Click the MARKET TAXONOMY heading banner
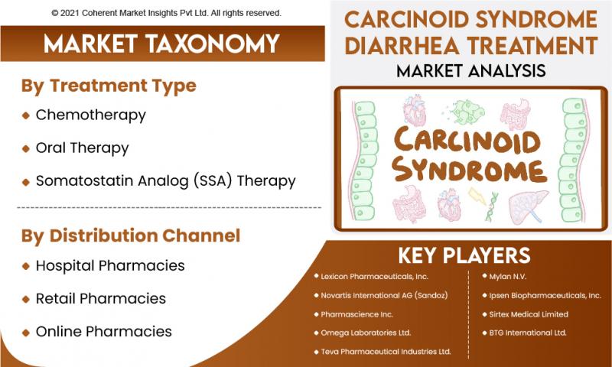pos(162,44)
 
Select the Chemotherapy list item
pos(90,115)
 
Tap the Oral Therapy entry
pos(82,148)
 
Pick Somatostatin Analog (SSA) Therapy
pos(165,181)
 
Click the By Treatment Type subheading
pos(109,86)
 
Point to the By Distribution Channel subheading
pos(131,236)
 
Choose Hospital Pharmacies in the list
pos(110,265)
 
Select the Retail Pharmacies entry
pos(101,299)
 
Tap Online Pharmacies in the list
pos(104,332)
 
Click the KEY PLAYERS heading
pos(464,256)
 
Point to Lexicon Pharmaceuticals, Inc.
pos(374,277)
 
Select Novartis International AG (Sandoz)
pos(384,295)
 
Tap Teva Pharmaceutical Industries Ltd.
pos(386,352)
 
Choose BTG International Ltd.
pos(528,333)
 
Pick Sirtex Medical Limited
pos(529,314)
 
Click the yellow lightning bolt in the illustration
pos(477,196)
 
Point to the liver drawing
pos(529,206)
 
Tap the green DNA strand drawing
pos(491,206)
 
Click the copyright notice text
pos(166,13)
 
